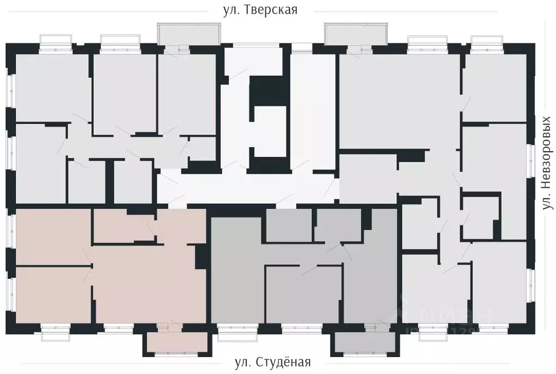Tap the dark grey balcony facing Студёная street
click(x=364, y=343)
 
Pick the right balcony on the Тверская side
click(x=355, y=34)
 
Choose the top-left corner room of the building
click(x=52, y=87)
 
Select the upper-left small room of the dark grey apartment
click(x=288, y=225)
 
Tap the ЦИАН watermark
click(x=446, y=315)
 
